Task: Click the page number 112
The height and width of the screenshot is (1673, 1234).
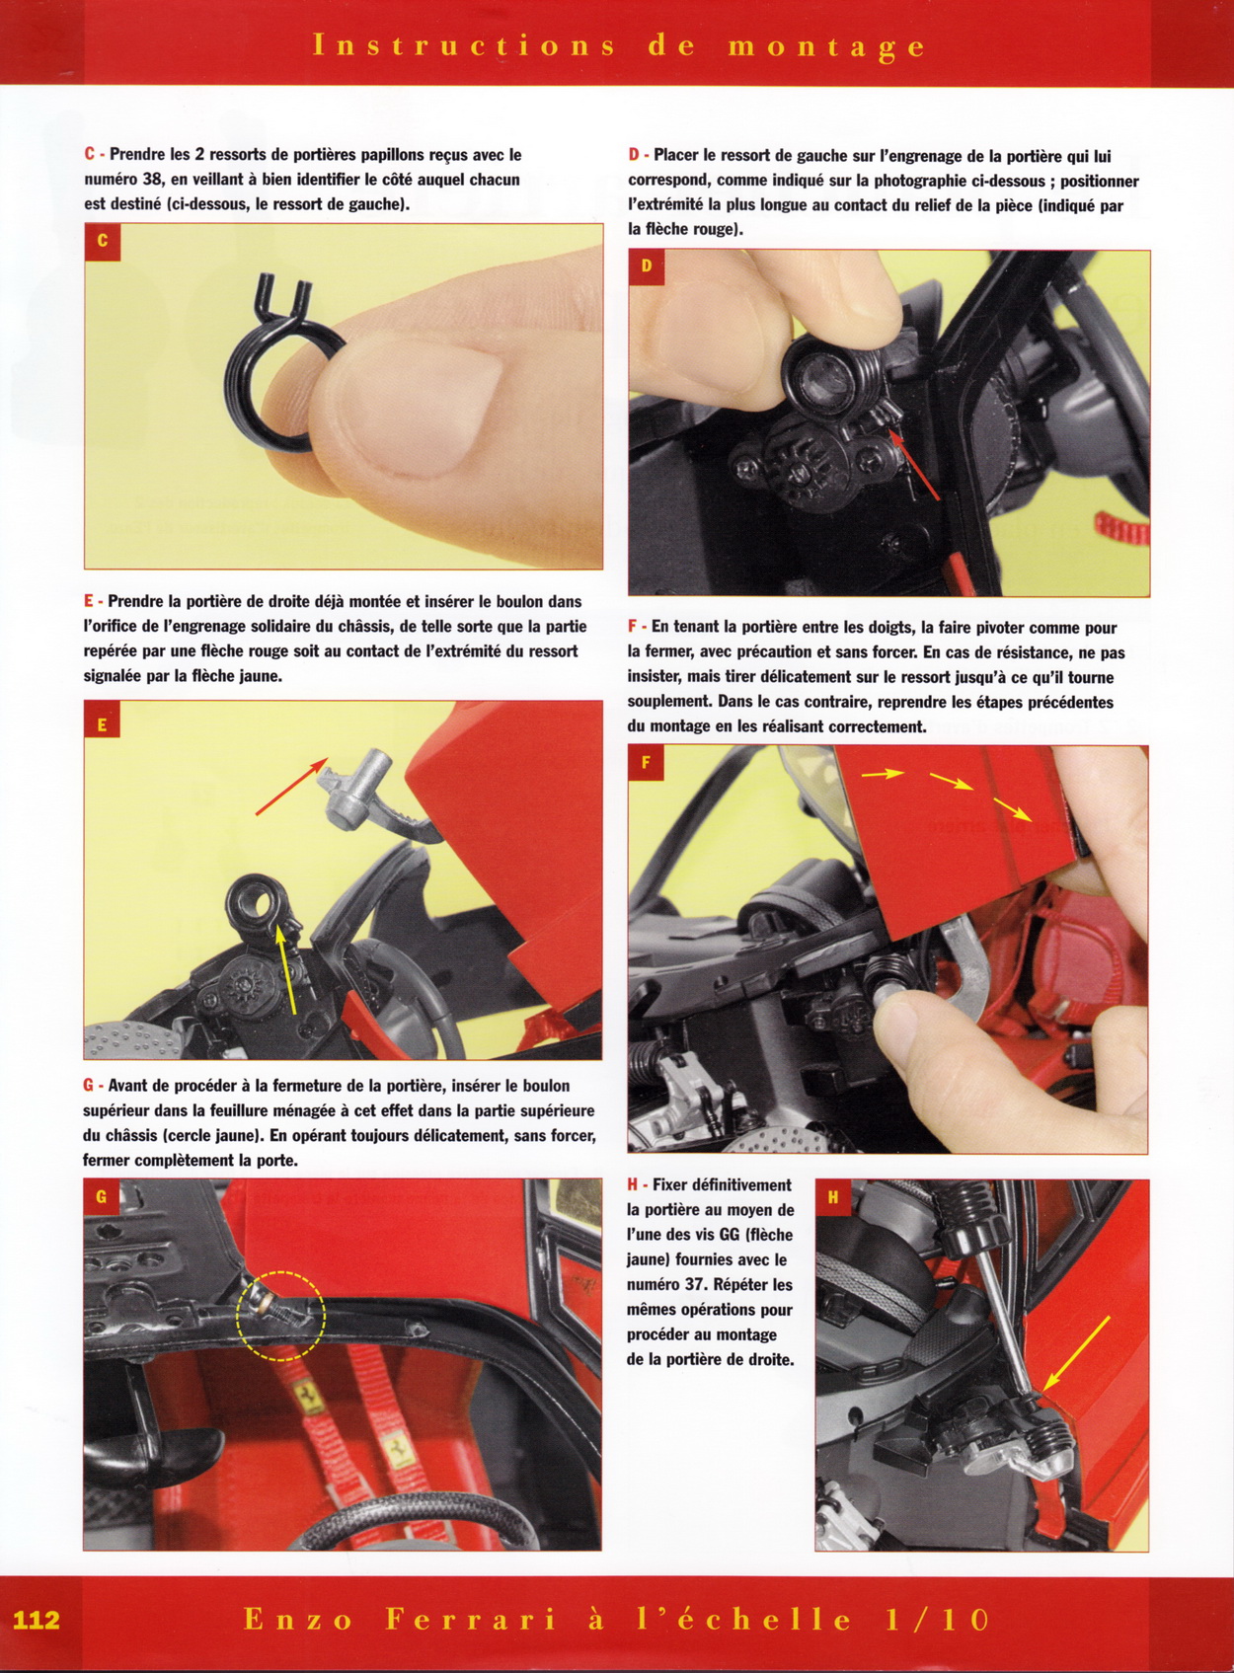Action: click(x=36, y=1620)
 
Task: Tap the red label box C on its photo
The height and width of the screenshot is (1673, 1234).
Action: click(x=103, y=242)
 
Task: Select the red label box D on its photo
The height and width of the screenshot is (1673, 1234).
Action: click(x=647, y=267)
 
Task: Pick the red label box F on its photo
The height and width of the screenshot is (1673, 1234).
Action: click(x=647, y=763)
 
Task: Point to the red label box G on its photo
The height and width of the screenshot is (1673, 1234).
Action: click(x=102, y=1197)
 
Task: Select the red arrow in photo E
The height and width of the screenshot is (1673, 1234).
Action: click(x=292, y=786)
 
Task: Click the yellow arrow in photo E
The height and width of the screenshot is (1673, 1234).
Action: click(x=287, y=968)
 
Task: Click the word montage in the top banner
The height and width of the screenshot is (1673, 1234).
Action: click(x=826, y=47)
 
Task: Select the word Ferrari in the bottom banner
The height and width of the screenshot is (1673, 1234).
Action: click(x=471, y=1620)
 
